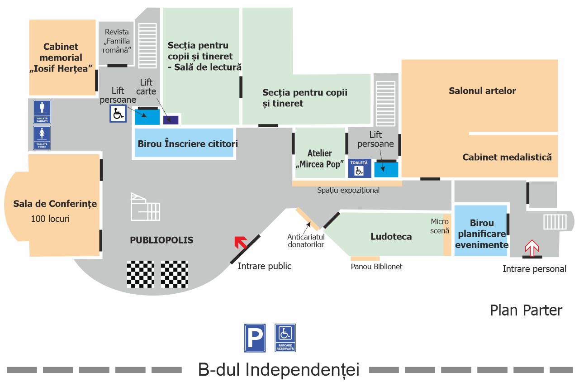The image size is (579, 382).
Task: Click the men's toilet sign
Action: click(x=42, y=112)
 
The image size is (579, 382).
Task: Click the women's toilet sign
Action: click(x=42, y=138)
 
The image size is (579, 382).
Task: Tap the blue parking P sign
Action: click(x=255, y=338)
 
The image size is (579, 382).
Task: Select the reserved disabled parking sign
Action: click(x=285, y=338)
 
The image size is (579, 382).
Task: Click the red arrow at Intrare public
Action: click(x=240, y=243)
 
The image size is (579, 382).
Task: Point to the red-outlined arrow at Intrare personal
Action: click(x=532, y=248)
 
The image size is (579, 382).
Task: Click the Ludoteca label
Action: click(x=391, y=237)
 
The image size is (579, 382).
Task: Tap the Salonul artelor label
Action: click(x=482, y=91)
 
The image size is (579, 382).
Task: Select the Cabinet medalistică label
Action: click(x=507, y=158)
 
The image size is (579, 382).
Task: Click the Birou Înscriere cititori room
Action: click(x=184, y=143)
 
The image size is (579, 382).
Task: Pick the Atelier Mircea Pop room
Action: click(x=320, y=158)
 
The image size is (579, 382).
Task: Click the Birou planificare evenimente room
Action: click(x=481, y=234)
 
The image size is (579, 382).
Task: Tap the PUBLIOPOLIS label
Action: click(x=161, y=240)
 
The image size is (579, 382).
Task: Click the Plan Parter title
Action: click(x=526, y=310)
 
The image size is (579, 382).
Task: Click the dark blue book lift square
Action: click(x=171, y=120)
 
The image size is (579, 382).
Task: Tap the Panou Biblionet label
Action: click(x=376, y=267)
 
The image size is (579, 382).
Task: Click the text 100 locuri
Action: click(x=50, y=219)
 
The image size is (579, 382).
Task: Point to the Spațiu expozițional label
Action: click(x=348, y=191)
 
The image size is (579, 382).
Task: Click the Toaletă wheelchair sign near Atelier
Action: click(x=359, y=168)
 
